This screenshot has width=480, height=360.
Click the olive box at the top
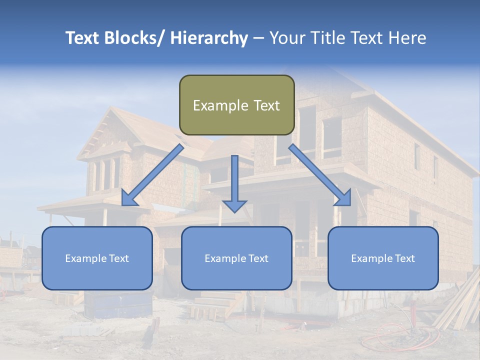click(x=236, y=105)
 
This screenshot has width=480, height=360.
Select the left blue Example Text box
click(x=97, y=258)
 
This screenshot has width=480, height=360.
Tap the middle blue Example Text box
click(x=236, y=258)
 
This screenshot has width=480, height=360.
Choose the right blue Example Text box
click(x=383, y=258)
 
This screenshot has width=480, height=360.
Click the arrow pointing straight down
click(x=234, y=185)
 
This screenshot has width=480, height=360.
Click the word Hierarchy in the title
click(x=209, y=38)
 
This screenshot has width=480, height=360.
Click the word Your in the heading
click(x=285, y=38)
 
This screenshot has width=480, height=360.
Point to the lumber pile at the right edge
click(x=460, y=305)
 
